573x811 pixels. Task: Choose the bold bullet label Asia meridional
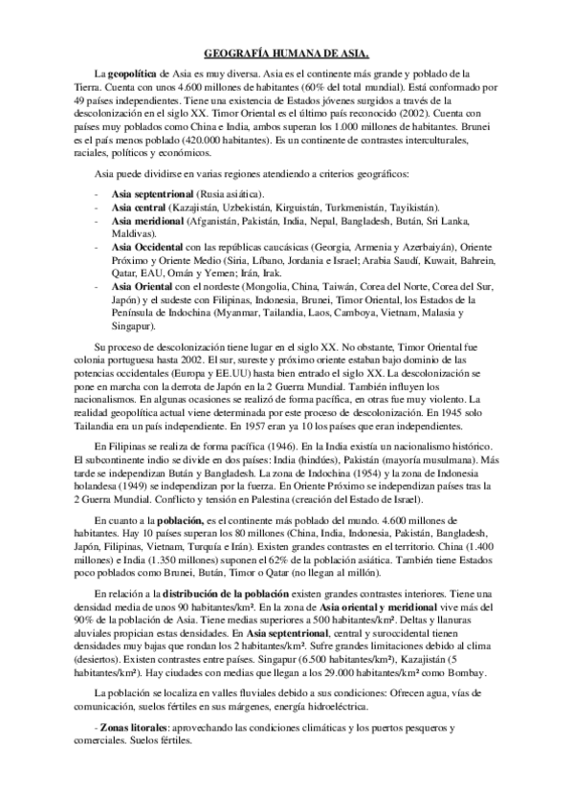tap(146, 220)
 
